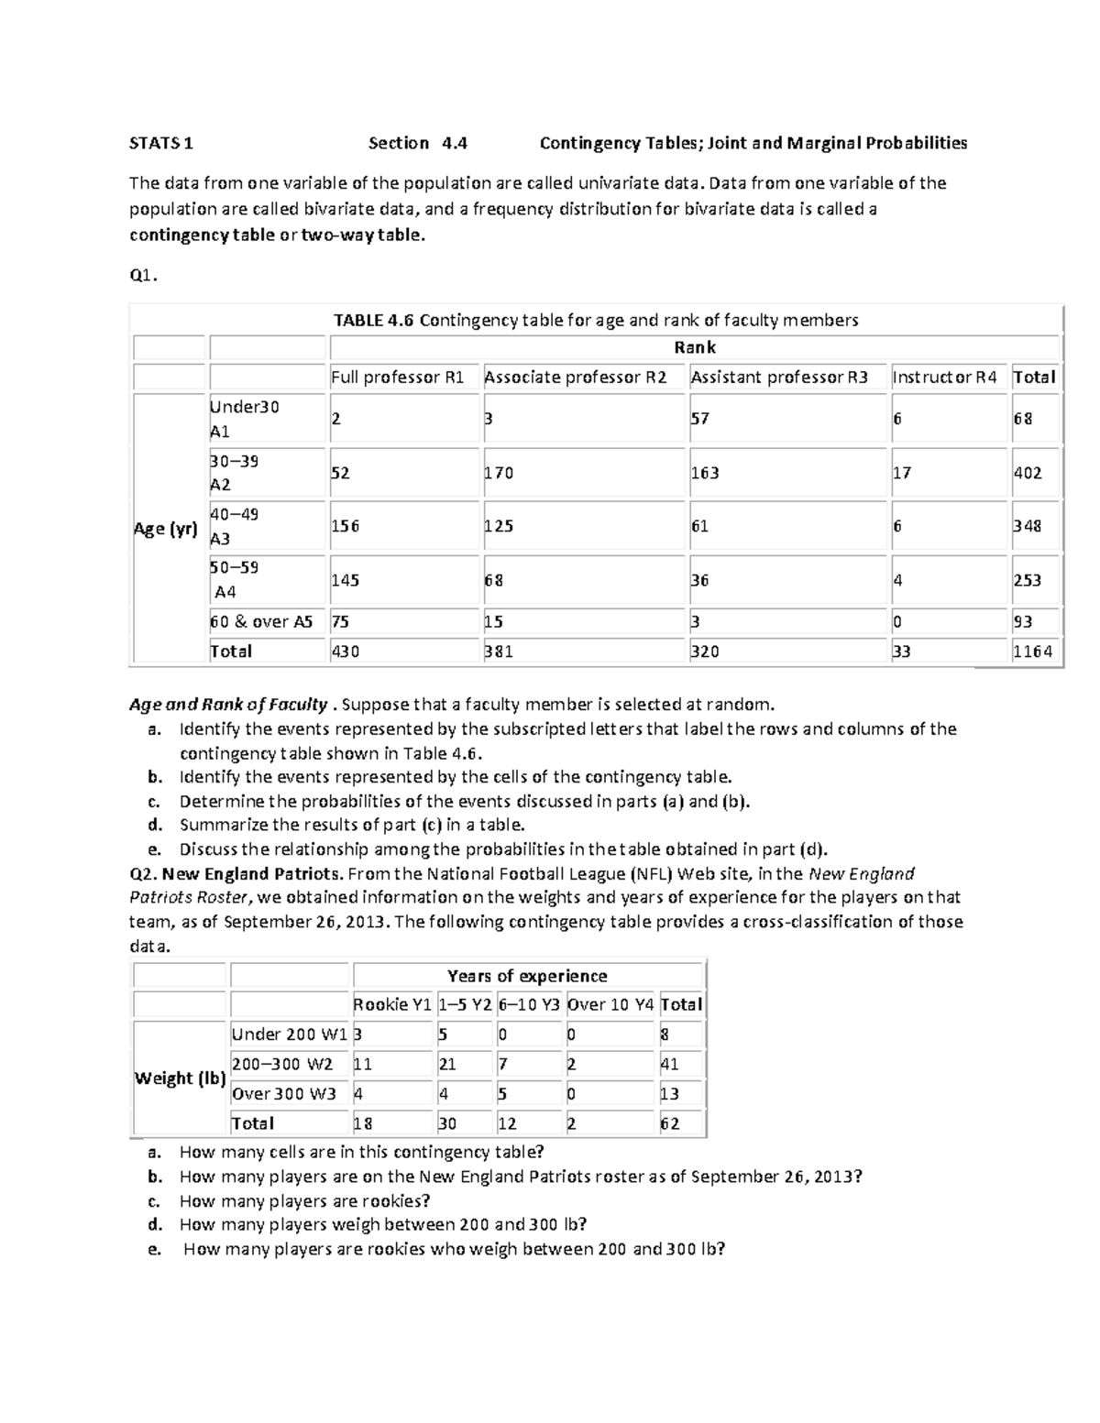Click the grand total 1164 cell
(1033, 651)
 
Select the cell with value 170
(499, 473)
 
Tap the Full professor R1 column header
(397, 377)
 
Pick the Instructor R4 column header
(944, 377)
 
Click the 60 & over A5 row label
(261, 621)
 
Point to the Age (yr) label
(166, 528)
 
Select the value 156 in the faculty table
(346, 526)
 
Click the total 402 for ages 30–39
(1027, 473)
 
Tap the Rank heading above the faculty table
(694, 347)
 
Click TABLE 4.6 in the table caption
(374, 320)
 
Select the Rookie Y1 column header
(391, 1004)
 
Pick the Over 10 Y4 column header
(610, 1004)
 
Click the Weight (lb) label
(180, 1078)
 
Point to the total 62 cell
(670, 1123)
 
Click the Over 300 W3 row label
(284, 1093)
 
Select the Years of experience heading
(527, 976)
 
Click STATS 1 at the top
(161, 143)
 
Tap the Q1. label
(143, 276)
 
